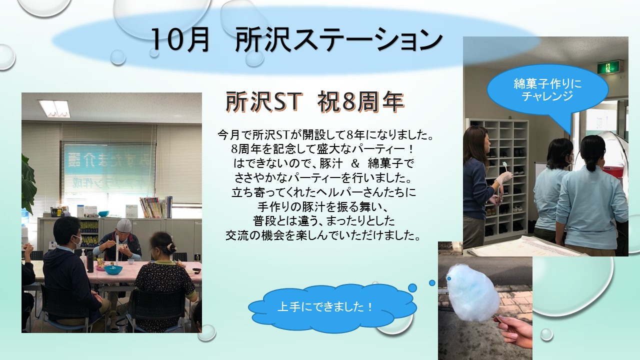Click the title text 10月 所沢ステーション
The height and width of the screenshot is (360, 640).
(296, 40)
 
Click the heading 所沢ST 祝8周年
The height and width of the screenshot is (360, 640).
(315, 101)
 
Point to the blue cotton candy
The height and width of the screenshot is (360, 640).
(473, 292)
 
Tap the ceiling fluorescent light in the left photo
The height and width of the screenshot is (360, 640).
(55, 108)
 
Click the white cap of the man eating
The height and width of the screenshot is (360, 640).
(124, 225)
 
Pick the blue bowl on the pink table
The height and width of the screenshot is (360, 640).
(113, 269)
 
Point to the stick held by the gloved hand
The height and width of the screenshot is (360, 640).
(503, 171)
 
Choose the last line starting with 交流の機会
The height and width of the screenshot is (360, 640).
(323, 235)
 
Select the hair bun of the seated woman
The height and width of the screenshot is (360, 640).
(171, 247)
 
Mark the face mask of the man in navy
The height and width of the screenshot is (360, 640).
(77, 240)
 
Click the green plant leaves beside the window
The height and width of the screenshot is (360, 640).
(28, 183)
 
